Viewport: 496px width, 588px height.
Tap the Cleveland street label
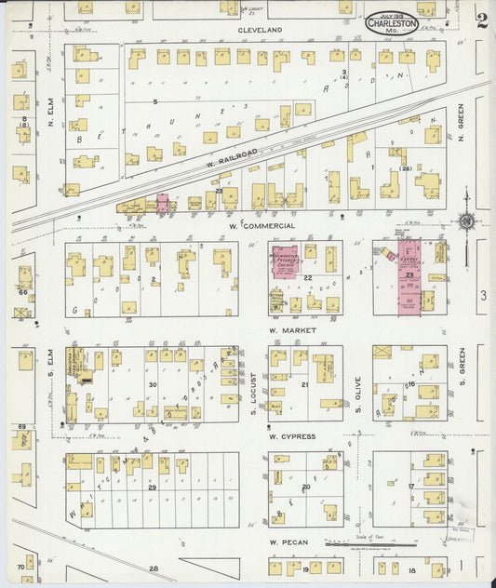pyautogui.click(x=260, y=31)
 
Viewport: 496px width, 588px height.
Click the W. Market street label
pyautogui.click(x=290, y=330)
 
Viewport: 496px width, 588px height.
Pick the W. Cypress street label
pyautogui.click(x=292, y=436)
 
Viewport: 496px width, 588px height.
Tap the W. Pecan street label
pyautogui.click(x=288, y=542)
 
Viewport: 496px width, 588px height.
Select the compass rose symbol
pyautogui.click(x=465, y=221)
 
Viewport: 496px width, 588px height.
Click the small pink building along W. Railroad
pyautogui.click(x=164, y=204)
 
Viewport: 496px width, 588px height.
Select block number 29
pyautogui.click(x=151, y=488)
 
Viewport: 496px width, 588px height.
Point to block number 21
pyautogui.click(x=305, y=383)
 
